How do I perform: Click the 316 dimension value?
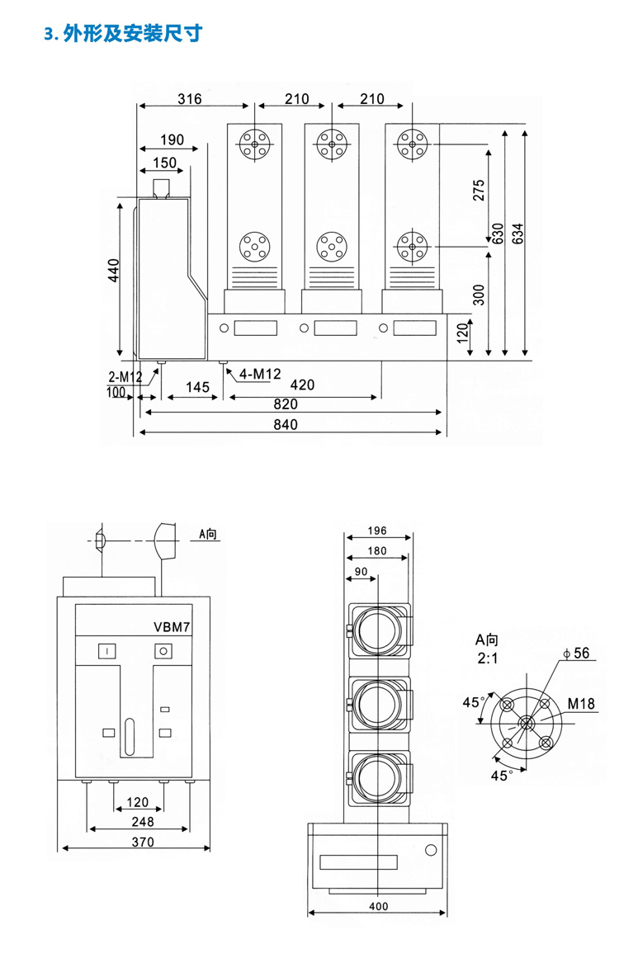[x=190, y=99]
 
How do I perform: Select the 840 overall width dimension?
[x=285, y=424]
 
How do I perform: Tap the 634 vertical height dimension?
[x=517, y=235]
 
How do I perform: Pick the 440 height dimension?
[x=114, y=270]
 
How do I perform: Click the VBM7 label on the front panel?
[x=172, y=627]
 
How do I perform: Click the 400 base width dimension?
[x=377, y=907]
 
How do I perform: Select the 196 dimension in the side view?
[x=377, y=531]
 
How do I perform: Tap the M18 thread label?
[x=581, y=704]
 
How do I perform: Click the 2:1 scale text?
[x=487, y=658]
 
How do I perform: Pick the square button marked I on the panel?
[x=107, y=652]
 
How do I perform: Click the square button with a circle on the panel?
[x=163, y=652]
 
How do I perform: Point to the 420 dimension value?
[x=303, y=385]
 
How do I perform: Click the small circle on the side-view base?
[x=429, y=851]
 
